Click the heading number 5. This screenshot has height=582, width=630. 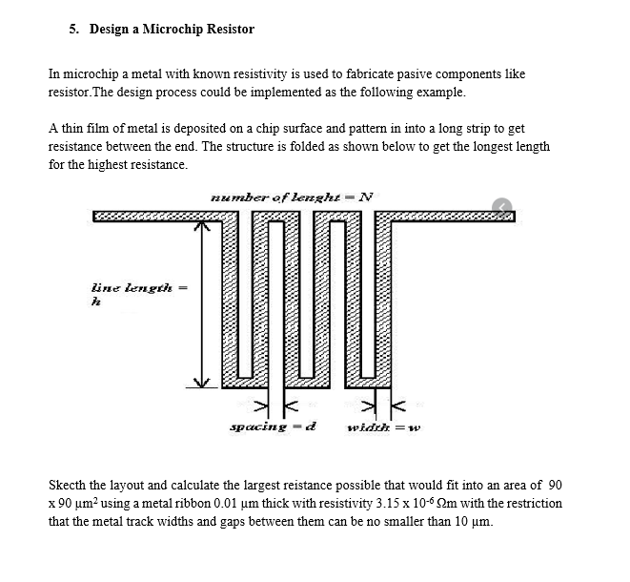73,29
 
